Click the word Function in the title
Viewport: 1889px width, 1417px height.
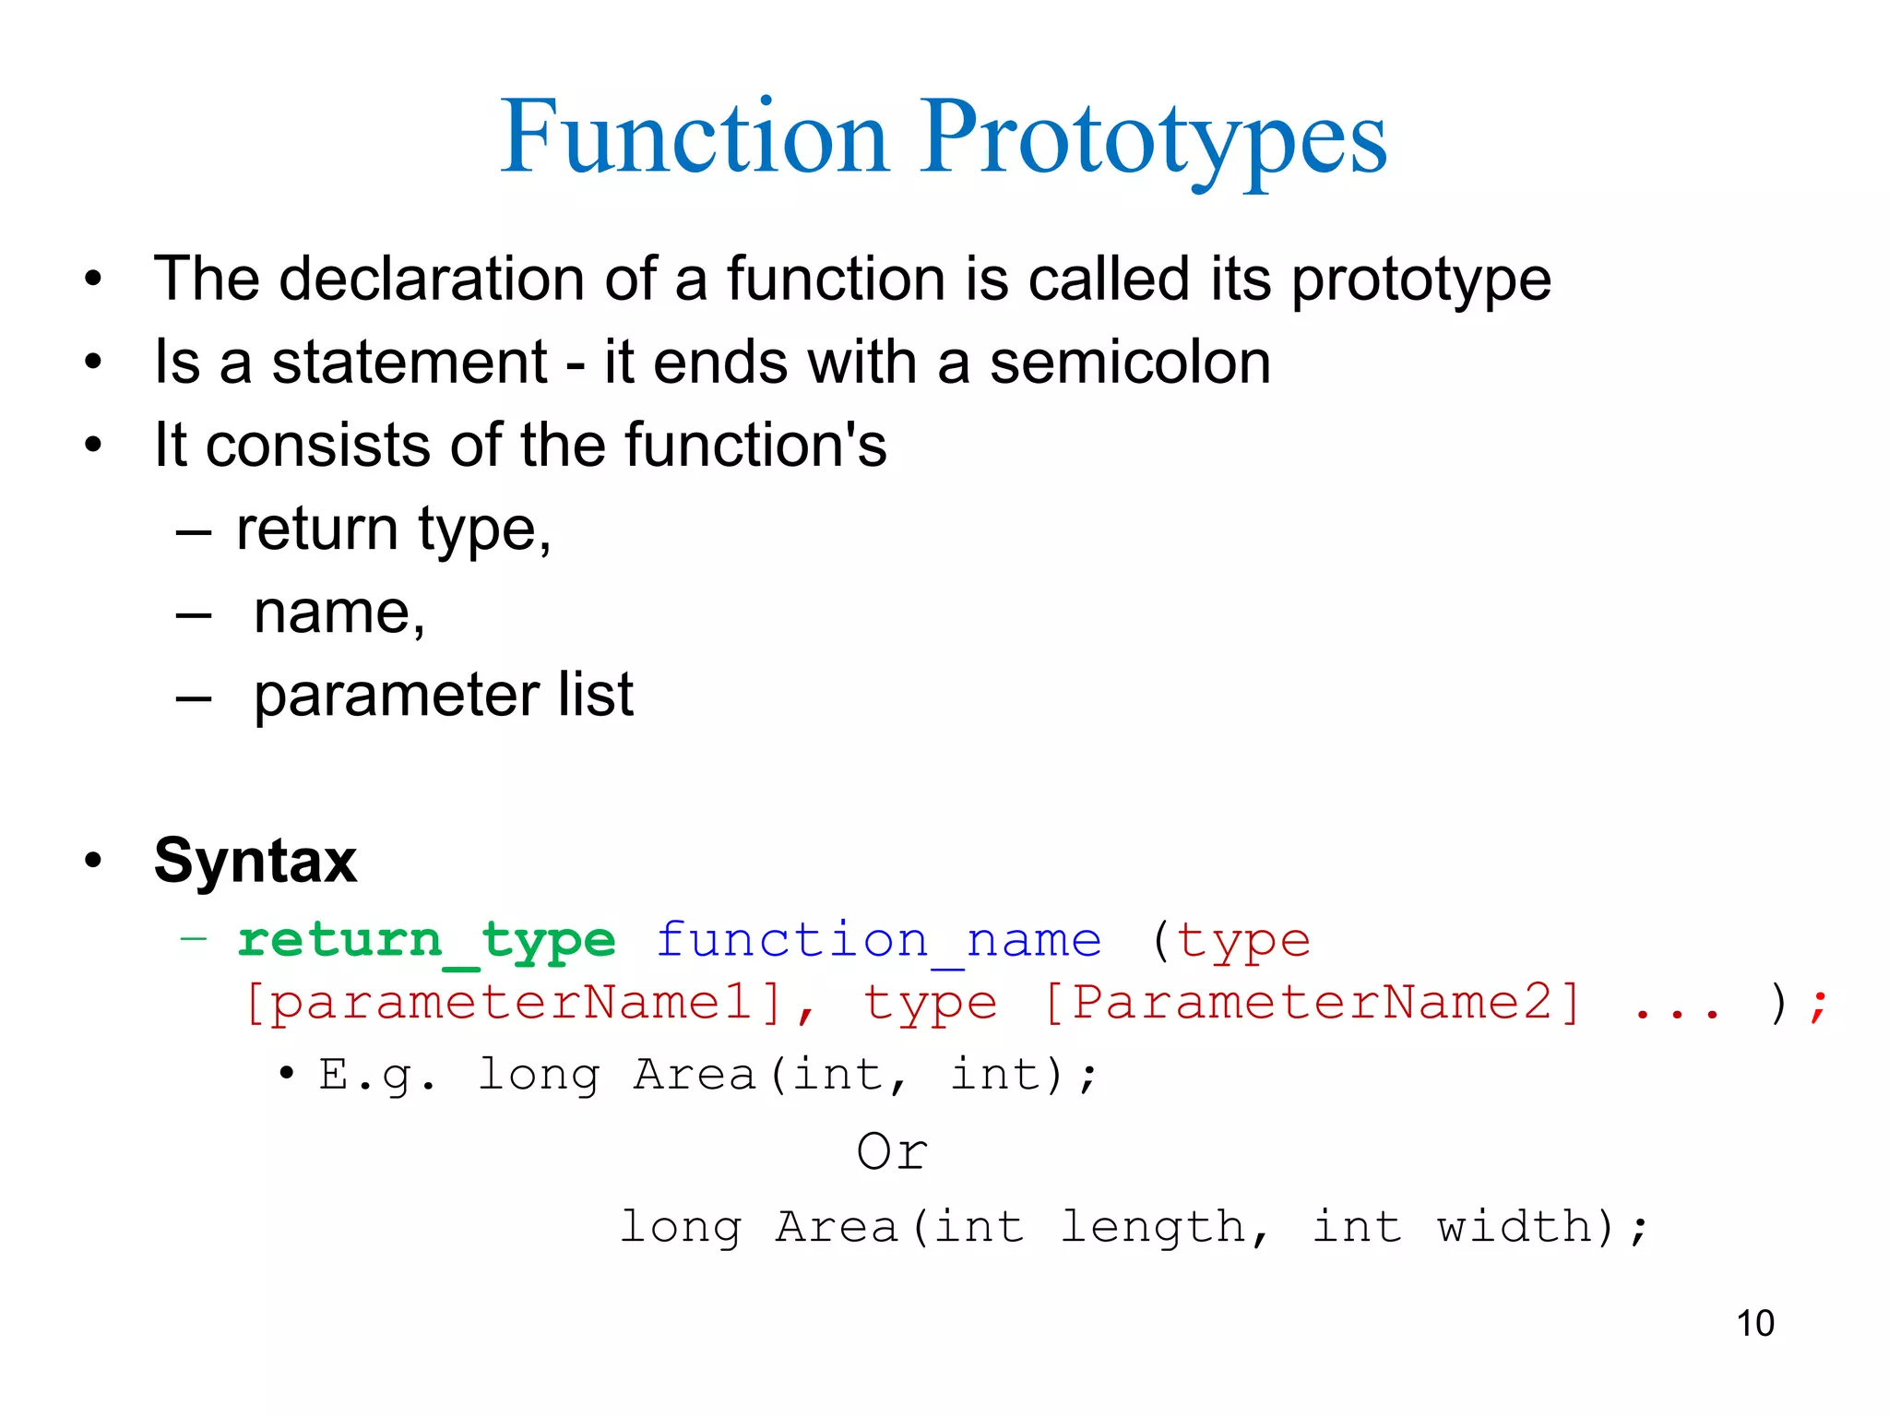click(x=694, y=138)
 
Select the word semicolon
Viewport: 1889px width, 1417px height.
click(x=1130, y=362)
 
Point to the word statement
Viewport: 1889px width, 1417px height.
click(x=410, y=362)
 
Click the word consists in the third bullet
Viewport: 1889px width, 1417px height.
click(x=317, y=445)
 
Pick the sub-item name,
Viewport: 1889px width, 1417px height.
click(x=339, y=613)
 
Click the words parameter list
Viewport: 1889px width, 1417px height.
click(x=443, y=696)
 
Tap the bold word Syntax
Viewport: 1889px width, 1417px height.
click(x=255, y=861)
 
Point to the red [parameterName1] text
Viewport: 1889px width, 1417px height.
click(x=515, y=1003)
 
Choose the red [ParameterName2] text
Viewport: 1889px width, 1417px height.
click(x=1312, y=1003)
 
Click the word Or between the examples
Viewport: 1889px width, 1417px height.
click(x=891, y=1151)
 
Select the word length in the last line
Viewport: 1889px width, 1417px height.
click(x=1153, y=1227)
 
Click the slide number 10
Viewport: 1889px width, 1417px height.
click(x=1754, y=1323)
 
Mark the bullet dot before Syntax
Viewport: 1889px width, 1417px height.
click(x=92, y=861)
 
